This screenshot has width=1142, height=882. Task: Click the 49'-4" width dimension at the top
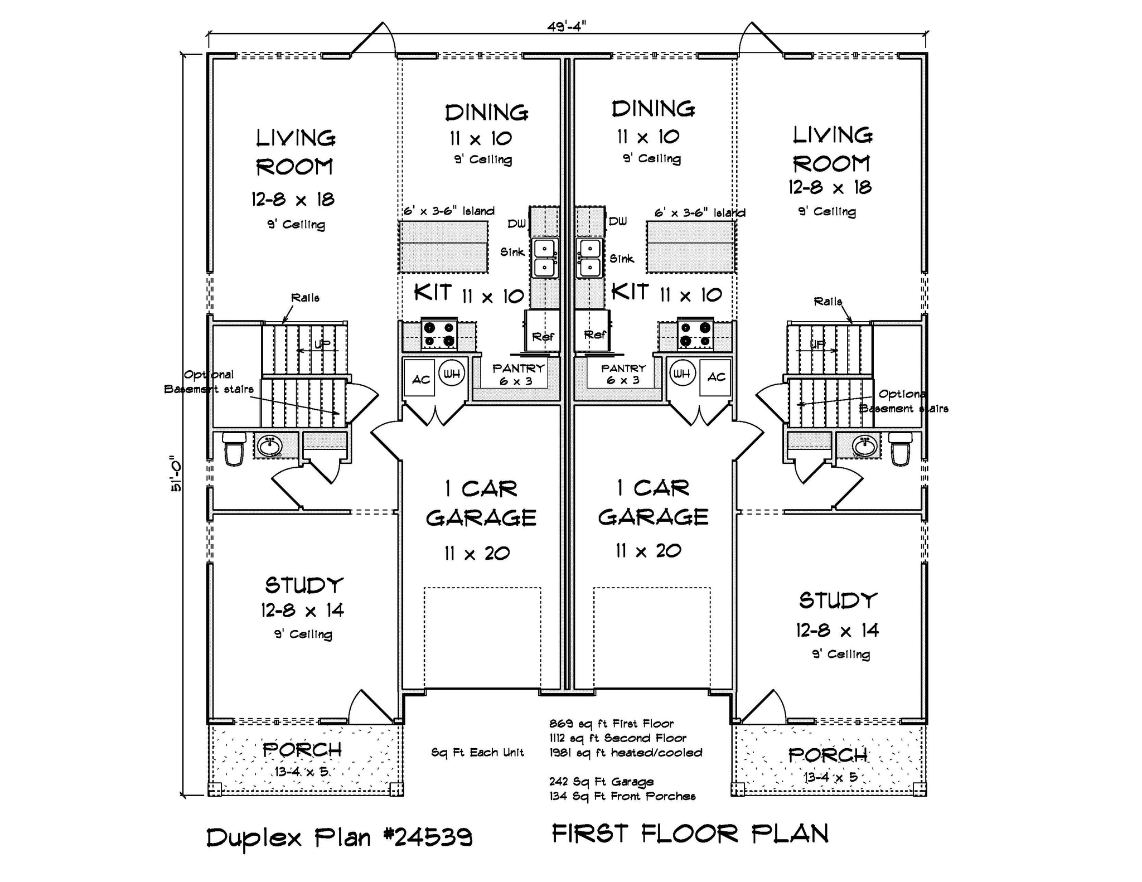point(567,26)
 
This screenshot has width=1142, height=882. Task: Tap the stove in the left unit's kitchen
point(439,335)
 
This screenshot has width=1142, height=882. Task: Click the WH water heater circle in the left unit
point(452,374)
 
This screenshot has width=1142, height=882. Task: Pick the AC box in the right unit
point(715,377)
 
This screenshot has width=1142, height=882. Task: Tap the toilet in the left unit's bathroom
point(234,448)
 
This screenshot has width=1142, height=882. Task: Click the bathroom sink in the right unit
point(865,445)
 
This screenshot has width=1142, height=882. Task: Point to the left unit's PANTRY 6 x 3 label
point(518,374)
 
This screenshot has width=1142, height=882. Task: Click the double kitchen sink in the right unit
point(589,258)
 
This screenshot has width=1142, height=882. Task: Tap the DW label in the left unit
point(516,224)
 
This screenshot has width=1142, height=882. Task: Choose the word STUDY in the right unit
point(838,600)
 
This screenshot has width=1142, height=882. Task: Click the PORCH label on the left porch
point(302,750)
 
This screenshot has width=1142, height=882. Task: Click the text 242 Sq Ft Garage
point(601,782)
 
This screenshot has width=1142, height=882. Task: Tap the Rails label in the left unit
point(305,298)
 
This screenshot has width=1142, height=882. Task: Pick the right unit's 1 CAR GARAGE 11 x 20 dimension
point(649,551)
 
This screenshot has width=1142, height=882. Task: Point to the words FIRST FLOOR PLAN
point(690,834)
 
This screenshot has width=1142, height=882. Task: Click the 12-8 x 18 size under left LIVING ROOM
point(293,200)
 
